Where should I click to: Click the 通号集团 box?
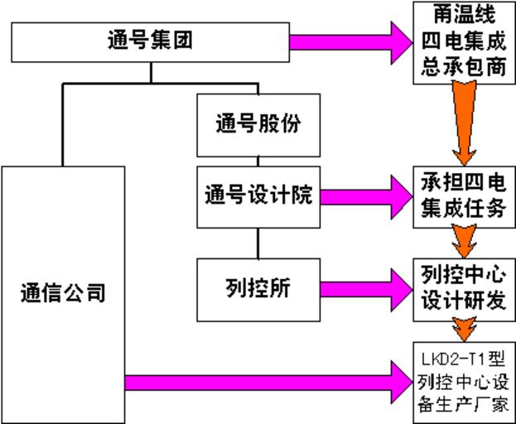(x=150, y=41)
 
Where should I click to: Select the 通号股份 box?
(x=258, y=125)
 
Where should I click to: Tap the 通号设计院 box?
(x=258, y=196)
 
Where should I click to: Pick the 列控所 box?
(x=258, y=287)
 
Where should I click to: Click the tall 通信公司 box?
(x=63, y=293)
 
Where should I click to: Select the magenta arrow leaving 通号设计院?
(x=364, y=196)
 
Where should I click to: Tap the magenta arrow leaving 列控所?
(x=364, y=287)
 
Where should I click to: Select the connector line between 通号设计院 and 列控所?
(x=258, y=242)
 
